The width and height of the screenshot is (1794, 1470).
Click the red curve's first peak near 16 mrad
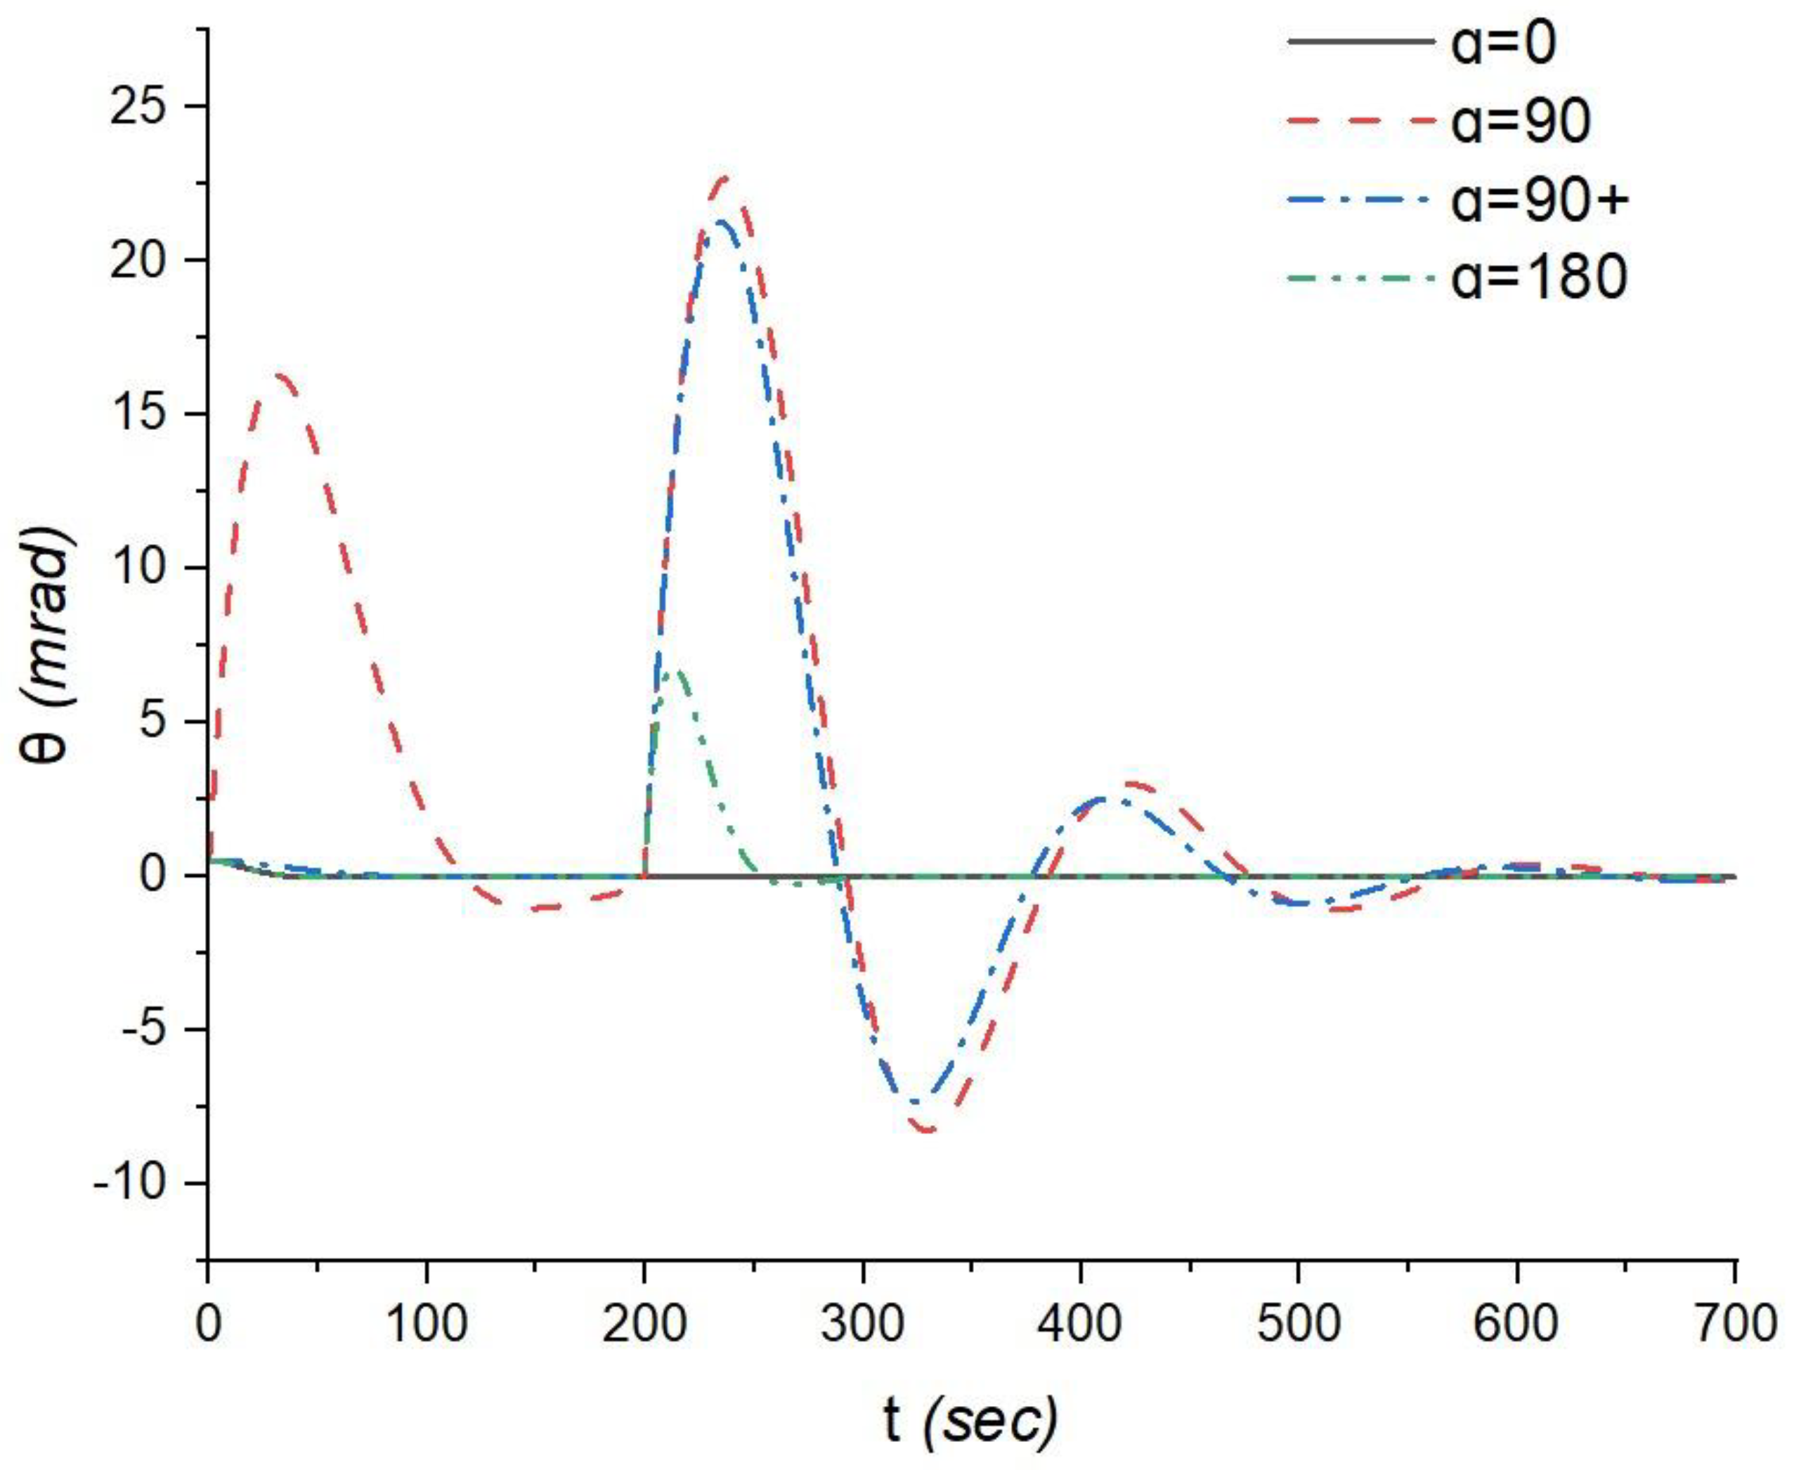tap(280, 375)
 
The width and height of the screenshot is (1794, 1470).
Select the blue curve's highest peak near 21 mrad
tap(720, 222)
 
